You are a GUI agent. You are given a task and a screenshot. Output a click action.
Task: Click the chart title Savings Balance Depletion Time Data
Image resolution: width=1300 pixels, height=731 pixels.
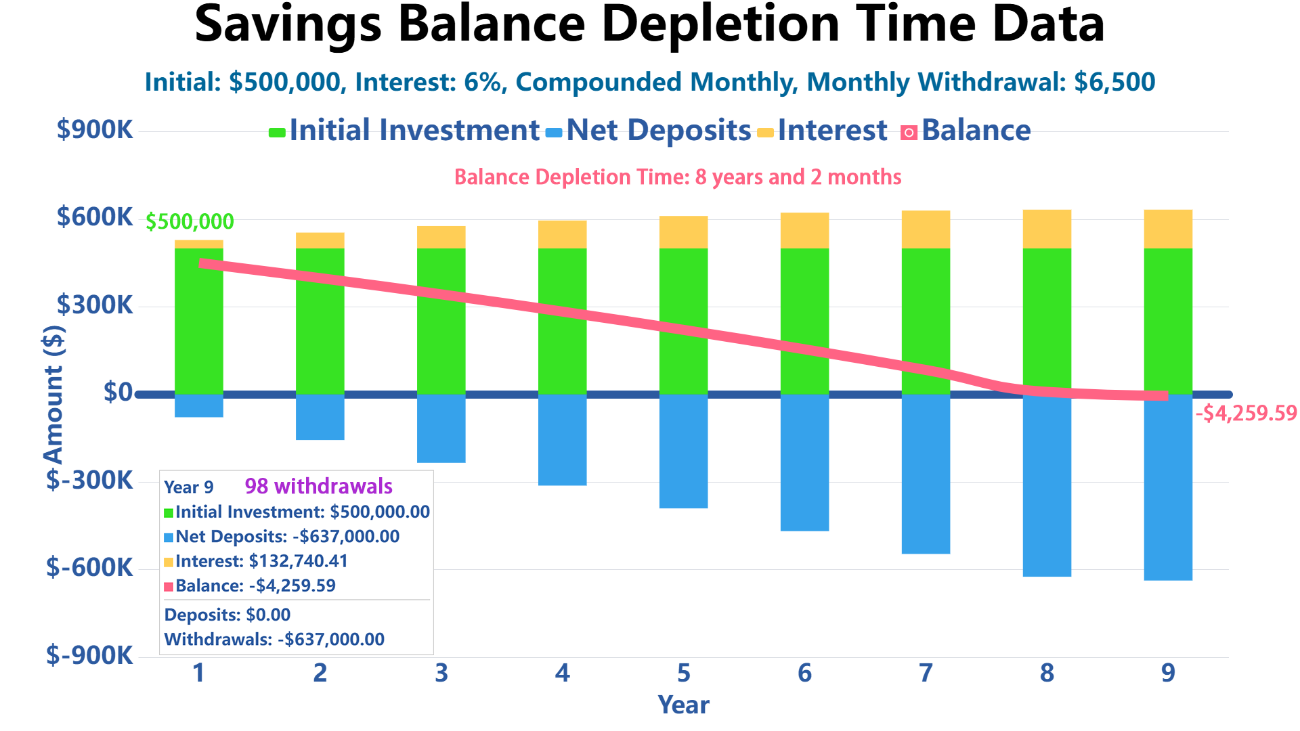(x=649, y=26)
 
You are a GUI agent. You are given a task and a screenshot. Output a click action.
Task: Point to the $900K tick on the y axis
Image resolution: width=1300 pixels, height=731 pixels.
(x=95, y=129)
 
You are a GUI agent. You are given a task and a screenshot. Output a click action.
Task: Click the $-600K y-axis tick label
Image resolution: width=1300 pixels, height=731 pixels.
(x=89, y=568)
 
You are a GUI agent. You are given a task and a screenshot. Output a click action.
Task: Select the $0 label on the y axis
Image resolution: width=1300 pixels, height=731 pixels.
(x=118, y=393)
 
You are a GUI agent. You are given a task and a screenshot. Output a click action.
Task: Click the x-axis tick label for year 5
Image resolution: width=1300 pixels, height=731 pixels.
(x=684, y=673)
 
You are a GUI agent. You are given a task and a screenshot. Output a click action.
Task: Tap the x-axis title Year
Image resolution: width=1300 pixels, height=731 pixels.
(x=683, y=705)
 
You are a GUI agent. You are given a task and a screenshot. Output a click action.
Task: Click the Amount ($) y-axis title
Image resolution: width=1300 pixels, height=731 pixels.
(x=54, y=395)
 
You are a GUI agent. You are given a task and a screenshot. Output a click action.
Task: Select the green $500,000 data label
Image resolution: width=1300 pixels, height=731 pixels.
(x=190, y=222)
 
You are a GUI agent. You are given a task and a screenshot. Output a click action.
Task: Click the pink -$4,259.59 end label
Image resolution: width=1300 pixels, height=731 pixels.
(x=1246, y=414)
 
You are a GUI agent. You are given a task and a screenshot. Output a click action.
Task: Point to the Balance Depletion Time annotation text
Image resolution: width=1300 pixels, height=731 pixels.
(x=678, y=177)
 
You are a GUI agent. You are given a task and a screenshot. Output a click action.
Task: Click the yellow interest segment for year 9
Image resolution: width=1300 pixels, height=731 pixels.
(x=1168, y=229)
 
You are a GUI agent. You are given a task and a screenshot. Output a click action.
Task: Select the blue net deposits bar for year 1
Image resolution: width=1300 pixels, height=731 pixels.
(x=199, y=405)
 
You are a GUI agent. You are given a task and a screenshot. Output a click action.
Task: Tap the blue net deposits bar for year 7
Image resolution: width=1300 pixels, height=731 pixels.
(x=926, y=474)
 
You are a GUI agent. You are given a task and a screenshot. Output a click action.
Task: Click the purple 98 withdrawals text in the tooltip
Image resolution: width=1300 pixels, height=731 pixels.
(x=318, y=487)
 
